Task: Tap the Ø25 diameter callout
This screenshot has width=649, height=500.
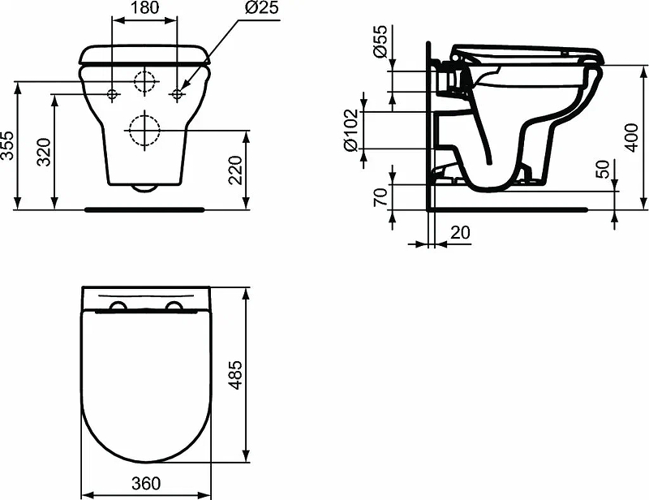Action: pos(261,7)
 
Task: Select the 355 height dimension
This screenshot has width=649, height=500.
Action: pos(8,145)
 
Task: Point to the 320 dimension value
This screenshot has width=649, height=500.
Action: pos(44,152)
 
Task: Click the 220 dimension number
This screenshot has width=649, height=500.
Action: pos(234,170)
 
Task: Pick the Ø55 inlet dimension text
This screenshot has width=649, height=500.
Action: pos(380,41)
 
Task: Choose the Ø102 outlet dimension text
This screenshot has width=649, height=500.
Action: pos(350,130)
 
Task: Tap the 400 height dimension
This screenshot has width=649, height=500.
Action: pos(631,137)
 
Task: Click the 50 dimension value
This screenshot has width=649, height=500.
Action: pos(604,169)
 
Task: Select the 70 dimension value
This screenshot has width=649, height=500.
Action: pos(380,196)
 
